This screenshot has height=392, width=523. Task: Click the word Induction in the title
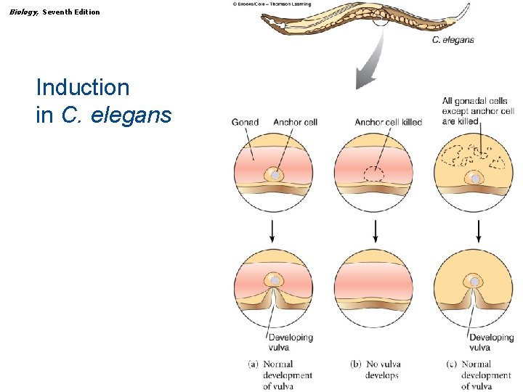83,88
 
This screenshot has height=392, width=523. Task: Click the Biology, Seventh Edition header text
55,12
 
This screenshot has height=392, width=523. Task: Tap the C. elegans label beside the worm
453,40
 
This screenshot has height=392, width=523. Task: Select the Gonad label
245,122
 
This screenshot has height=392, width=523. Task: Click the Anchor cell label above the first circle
295,122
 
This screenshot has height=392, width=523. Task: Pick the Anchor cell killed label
388,122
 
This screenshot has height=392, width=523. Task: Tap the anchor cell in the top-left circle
273,176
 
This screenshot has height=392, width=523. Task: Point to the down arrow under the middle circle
375,231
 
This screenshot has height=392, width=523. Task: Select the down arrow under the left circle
272,231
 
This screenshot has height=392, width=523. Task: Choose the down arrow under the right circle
478,231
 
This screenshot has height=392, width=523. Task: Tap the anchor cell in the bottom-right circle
474,282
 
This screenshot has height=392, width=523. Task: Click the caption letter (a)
254,364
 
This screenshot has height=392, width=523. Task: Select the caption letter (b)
356,364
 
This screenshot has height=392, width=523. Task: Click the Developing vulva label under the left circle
290,342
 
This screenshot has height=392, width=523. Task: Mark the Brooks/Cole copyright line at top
272,4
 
